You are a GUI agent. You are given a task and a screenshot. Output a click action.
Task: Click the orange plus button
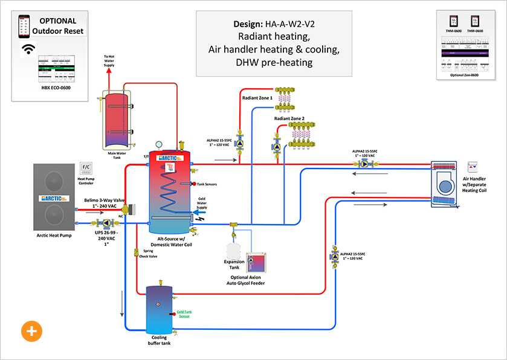coord(31,330)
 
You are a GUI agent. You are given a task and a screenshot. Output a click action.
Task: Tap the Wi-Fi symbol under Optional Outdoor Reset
coord(28,50)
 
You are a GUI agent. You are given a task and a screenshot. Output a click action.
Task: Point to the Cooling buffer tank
coord(160,309)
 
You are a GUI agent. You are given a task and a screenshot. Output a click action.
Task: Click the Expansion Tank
coord(234,251)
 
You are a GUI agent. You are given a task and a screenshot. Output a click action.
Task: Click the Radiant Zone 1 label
coord(257,97)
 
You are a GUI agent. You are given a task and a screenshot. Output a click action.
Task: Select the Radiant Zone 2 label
coord(289,119)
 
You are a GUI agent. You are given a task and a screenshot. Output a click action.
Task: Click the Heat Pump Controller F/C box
coord(85,167)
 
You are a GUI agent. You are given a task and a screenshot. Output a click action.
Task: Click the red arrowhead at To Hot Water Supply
coord(109,71)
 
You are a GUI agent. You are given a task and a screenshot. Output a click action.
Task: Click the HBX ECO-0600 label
coord(57,88)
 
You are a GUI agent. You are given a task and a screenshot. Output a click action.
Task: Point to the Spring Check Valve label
coord(148,253)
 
